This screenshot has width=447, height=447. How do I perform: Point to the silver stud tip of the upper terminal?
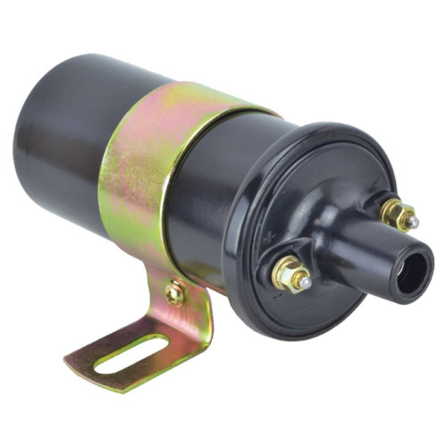412,221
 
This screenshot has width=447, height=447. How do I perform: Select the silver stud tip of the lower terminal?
306,283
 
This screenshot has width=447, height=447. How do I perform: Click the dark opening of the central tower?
413,274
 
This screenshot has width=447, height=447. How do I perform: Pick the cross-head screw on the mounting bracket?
174,292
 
